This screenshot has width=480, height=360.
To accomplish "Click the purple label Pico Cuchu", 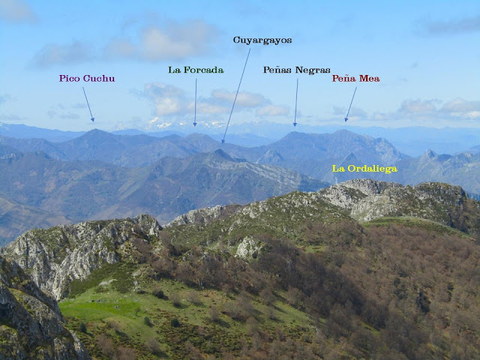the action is coord(87,78).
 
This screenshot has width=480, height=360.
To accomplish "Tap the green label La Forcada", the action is coord(196,70).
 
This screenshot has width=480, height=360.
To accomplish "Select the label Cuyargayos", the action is coord(262,40).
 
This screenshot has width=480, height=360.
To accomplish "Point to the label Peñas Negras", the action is coord(296,70).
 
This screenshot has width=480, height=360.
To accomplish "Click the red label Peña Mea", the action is coord(355,78).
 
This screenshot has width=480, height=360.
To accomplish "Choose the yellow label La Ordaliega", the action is coord(364,169).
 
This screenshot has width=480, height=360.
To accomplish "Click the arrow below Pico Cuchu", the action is coord(88,103).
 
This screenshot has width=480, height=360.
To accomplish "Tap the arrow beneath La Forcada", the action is coord(195,101).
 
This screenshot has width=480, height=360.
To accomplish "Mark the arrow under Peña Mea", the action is coord(350,103).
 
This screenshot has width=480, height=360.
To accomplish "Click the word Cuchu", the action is coord(99,78).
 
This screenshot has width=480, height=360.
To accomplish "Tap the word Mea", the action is coord(370,78).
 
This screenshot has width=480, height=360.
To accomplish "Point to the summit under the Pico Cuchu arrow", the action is coord(95,130).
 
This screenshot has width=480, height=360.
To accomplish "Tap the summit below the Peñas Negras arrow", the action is coord(295,133).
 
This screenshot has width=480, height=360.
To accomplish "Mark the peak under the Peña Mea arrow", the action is coord(344,130).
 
